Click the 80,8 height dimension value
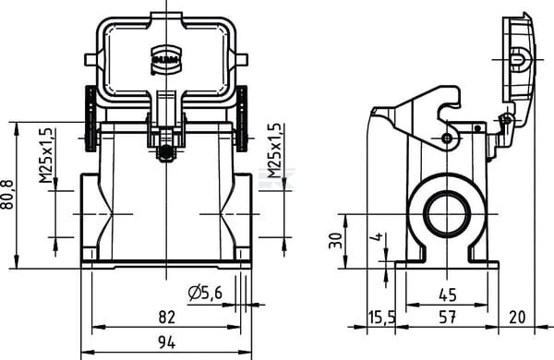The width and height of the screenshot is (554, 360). tap(7, 195)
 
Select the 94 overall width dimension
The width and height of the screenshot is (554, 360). tap(166, 342)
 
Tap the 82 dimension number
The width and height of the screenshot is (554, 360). tap(166, 317)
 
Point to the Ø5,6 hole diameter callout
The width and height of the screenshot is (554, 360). tap(205, 293)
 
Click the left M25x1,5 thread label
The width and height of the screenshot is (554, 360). tap(46, 155)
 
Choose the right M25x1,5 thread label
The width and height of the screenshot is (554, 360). tap(274, 150)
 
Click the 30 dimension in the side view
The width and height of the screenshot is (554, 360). tap(336, 241)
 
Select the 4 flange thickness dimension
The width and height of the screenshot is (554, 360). tap(378, 236)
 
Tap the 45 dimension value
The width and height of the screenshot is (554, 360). tap(447, 294)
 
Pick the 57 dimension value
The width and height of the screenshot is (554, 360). tap(447, 317)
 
